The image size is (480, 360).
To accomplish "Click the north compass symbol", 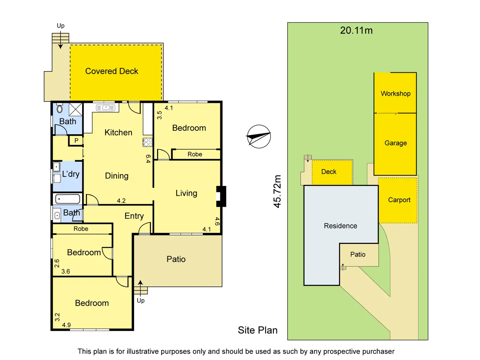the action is (x=259, y=137).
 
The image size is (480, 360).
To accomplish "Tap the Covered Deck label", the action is (x=112, y=71).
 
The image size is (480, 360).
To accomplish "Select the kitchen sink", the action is (x=106, y=108).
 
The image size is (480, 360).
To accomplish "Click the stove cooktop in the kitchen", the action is (x=148, y=142).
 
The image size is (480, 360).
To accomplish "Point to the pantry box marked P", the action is (x=76, y=141).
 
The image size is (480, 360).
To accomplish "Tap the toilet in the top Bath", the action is (x=60, y=109).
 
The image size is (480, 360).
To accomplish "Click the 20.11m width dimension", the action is (x=356, y=30).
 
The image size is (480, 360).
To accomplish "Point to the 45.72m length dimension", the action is (x=277, y=191).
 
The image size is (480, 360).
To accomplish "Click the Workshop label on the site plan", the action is (x=396, y=94).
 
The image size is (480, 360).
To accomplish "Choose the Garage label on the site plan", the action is (x=396, y=143).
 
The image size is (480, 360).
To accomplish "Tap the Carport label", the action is (x=399, y=200).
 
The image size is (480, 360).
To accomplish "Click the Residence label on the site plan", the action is (x=340, y=226).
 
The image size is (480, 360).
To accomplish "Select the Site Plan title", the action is (x=258, y=330).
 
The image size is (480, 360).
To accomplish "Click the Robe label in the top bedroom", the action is (x=195, y=154).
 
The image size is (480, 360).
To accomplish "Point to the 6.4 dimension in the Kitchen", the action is (x=148, y=159).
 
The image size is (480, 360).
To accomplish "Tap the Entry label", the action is (x=134, y=216).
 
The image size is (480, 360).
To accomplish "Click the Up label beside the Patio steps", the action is (x=141, y=300).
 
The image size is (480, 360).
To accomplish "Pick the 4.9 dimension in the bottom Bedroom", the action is (x=66, y=325).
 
